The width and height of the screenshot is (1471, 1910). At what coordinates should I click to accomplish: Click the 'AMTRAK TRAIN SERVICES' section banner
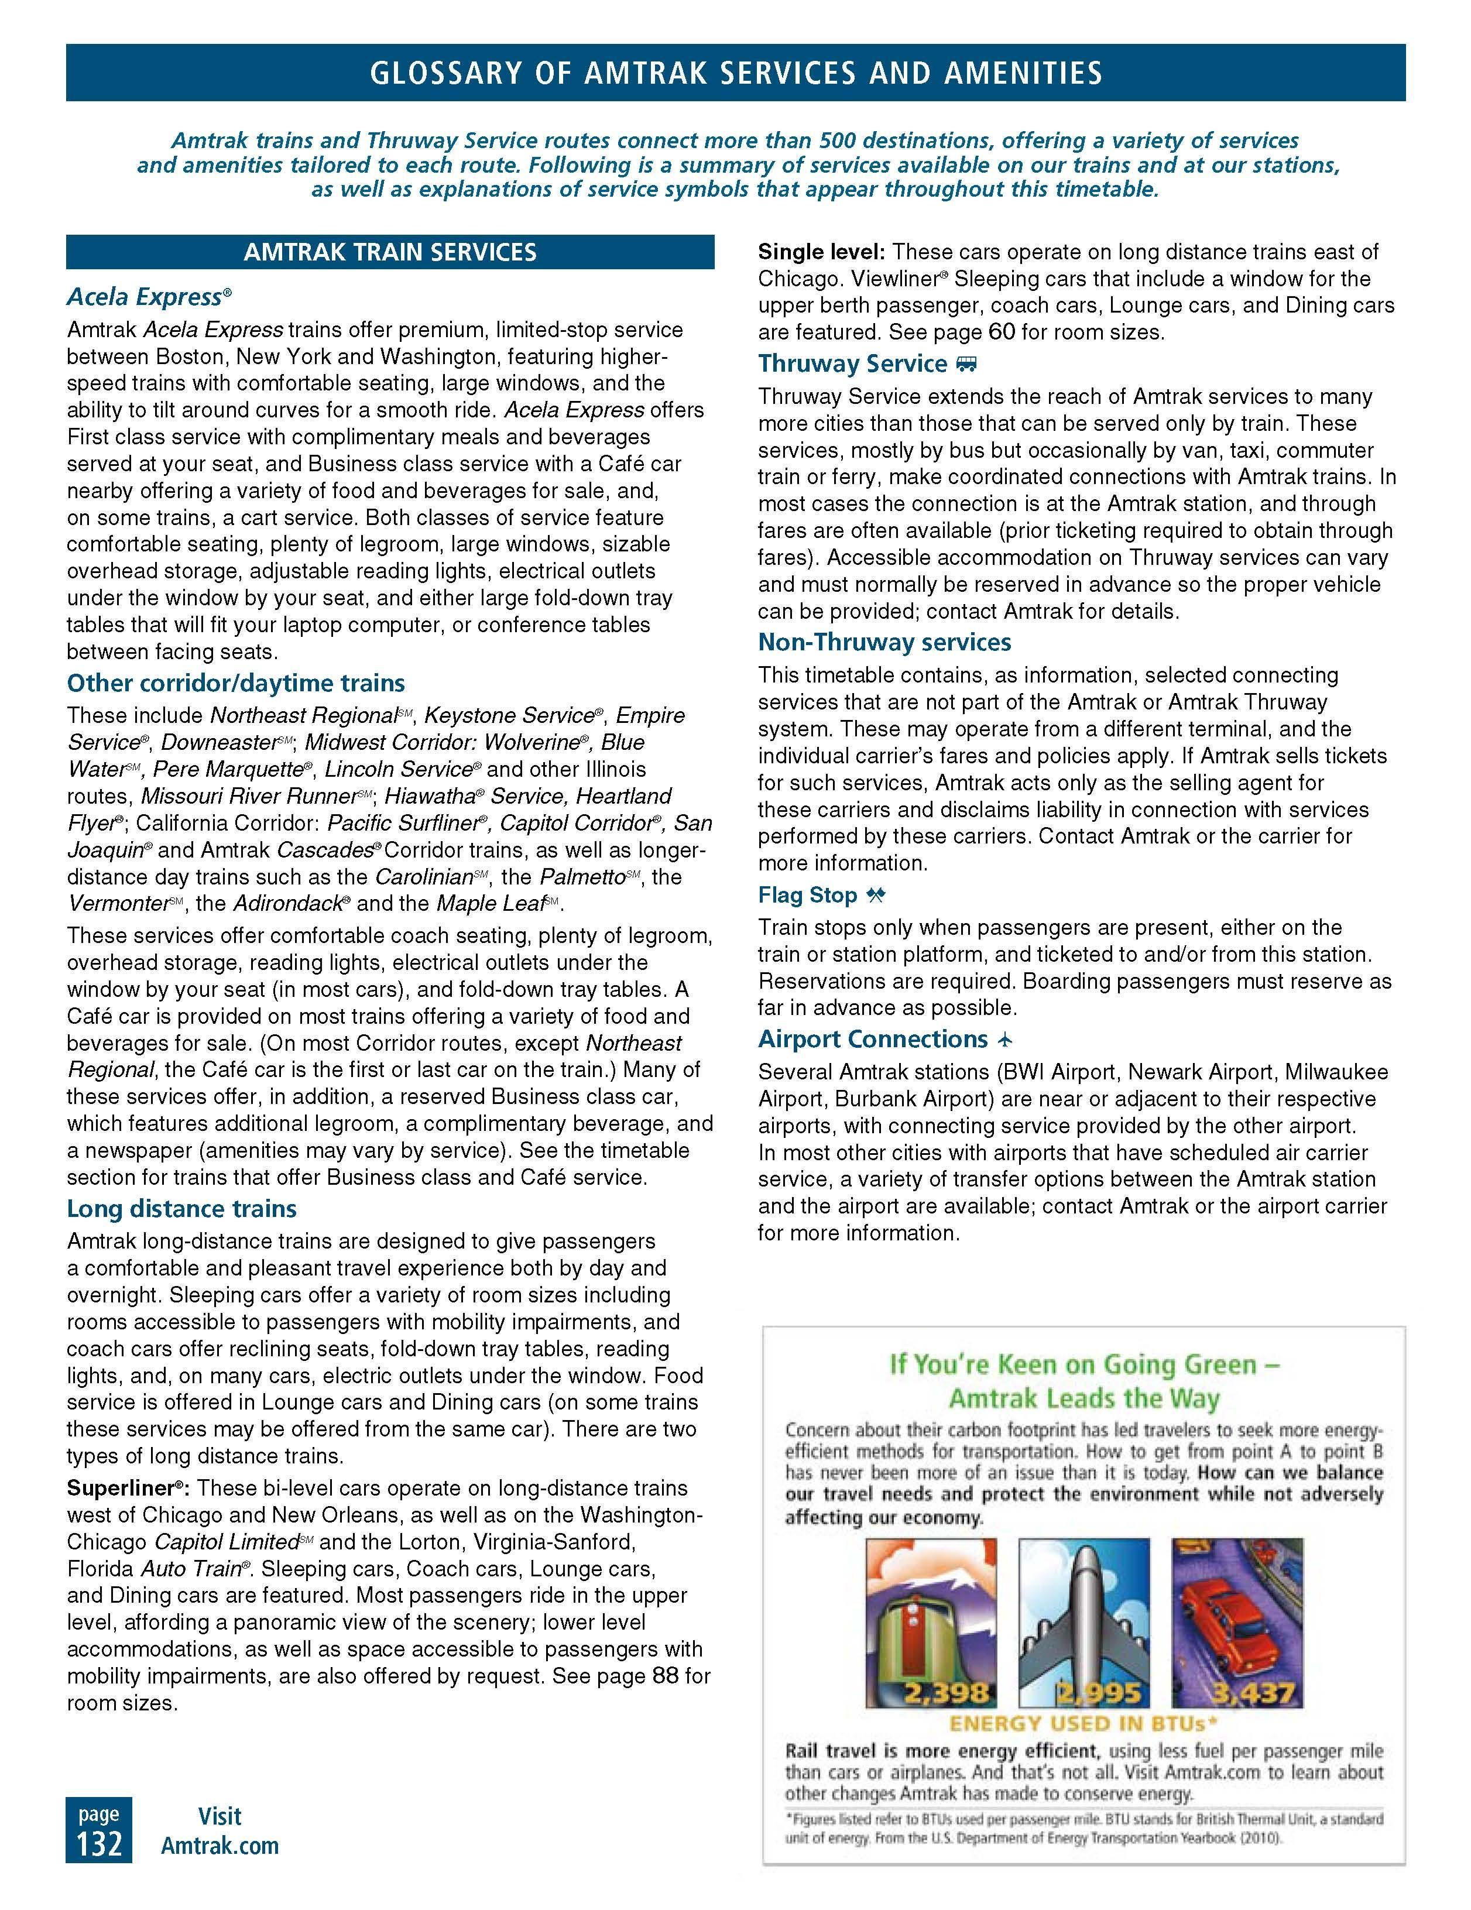[390, 253]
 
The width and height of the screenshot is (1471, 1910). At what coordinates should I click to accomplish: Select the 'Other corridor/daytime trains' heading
[236, 683]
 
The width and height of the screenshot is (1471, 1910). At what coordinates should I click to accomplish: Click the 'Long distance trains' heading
[182, 1209]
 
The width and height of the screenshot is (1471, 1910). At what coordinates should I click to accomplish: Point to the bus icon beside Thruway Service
[966, 364]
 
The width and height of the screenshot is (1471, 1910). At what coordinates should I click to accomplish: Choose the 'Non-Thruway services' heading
[884, 642]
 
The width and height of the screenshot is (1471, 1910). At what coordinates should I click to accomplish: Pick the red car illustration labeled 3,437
[1237, 1622]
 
